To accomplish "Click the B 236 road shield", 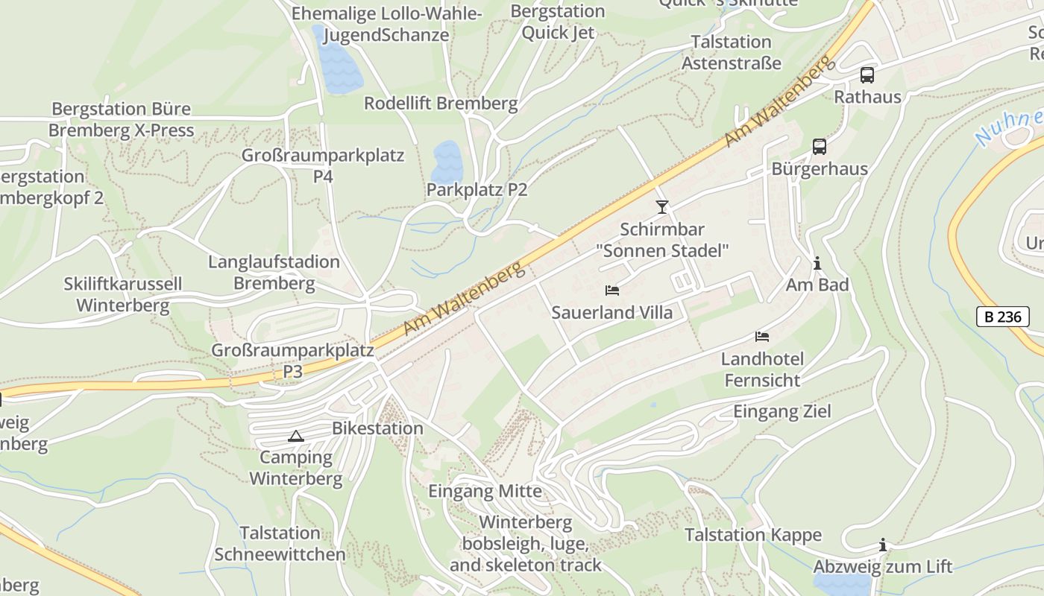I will pos(1002,317).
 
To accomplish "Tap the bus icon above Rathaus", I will pos(867,74).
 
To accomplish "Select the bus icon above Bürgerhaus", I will pos(819,147).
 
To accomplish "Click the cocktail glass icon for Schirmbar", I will pos(661,206).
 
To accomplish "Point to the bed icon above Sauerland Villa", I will pos(612,290).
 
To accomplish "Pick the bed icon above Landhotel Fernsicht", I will pos(761,337).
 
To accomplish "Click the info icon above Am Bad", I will pos(817,263).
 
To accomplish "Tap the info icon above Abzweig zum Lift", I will pos(882,545).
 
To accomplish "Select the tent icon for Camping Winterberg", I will pos(296,436).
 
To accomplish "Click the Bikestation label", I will pos(377,428).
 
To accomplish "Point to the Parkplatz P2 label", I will pos(477,190).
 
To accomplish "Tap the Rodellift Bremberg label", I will pos(441,103).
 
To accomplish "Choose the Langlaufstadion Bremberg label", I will pos(274,273).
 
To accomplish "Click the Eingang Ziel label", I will pos(782,411).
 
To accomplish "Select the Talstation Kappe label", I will pos(753,535).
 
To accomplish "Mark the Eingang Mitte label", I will pos(485,492).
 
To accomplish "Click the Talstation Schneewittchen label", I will pos(280,544).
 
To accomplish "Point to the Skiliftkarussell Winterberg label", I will pos(123,294).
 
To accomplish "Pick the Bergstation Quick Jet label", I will pos(558,22).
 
